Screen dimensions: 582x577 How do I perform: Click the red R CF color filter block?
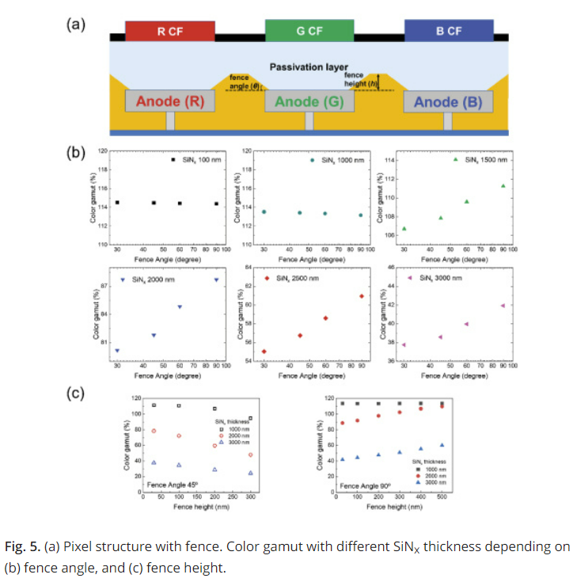[x=170, y=31]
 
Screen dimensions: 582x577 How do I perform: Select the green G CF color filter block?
[x=309, y=31]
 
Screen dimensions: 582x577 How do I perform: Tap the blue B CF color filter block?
[x=448, y=31]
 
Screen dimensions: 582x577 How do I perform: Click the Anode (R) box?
[x=170, y=101]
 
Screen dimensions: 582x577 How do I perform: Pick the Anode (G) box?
[x=309, y=101]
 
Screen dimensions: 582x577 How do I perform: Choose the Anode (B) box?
[x=448, y=101]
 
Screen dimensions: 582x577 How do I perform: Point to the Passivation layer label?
[x=309, y=67]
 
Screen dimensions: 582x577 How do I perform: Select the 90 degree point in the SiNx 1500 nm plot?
[x=503, y=186]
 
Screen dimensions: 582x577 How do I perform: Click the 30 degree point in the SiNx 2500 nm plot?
[x=264, y=352]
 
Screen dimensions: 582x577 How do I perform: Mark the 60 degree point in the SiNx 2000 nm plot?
[x=180, y=306]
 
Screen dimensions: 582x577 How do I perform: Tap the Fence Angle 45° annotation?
[x=170, y=484]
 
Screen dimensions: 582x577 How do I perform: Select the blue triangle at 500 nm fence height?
[x=442, y=445]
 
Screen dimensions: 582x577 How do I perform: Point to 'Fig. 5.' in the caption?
[x=21, y=547]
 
